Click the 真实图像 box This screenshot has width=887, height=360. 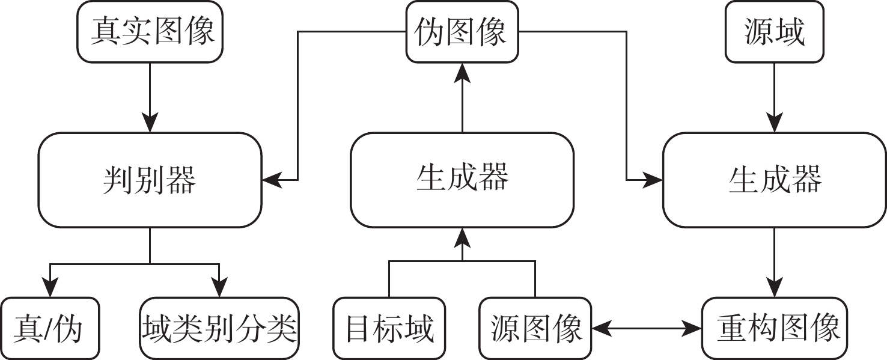150,31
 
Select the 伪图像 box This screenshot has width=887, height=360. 462,32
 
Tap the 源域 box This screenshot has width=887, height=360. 774,32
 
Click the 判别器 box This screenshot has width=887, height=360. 150,180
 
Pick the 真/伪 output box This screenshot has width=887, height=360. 50,328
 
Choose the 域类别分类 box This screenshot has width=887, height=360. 220,328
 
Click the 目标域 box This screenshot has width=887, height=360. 389,328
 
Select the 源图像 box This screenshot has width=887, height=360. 535,328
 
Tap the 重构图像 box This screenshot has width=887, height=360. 778,328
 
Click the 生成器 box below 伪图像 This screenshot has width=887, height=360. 462,180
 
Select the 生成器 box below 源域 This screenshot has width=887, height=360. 774,180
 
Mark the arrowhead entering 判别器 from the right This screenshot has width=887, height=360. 270,180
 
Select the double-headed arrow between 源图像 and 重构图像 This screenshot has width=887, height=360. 646,328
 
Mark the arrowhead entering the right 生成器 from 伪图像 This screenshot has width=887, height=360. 654,180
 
